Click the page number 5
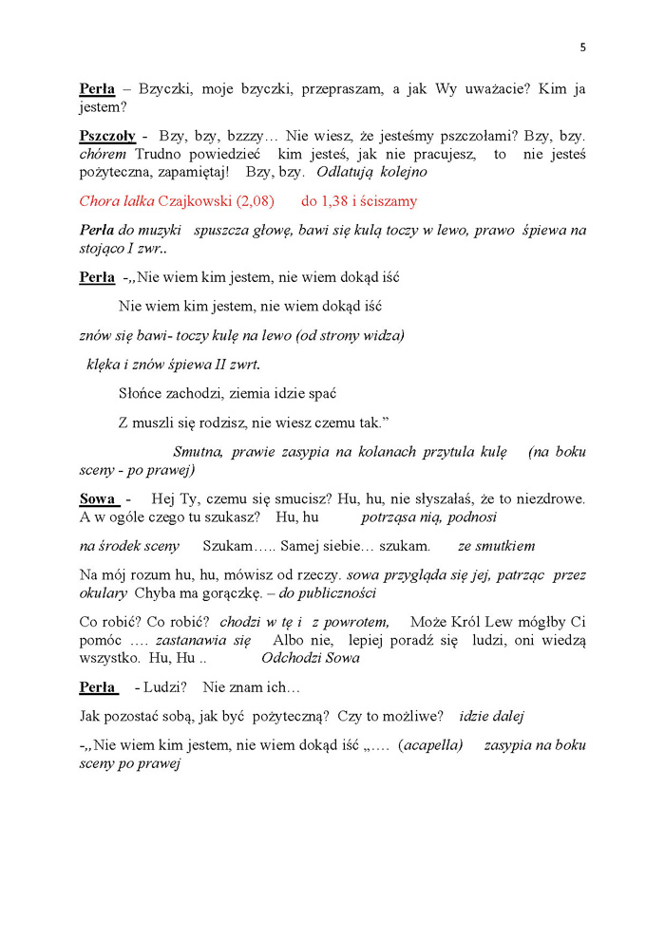(x=582, y=47)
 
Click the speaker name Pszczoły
(x=107, y=136)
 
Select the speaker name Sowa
(x=97, y=498)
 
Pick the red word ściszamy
(x=385, y=201)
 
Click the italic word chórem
(x=103, y=154)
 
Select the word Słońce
(x=142, y=393)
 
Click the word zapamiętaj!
(x=194, y=172)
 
